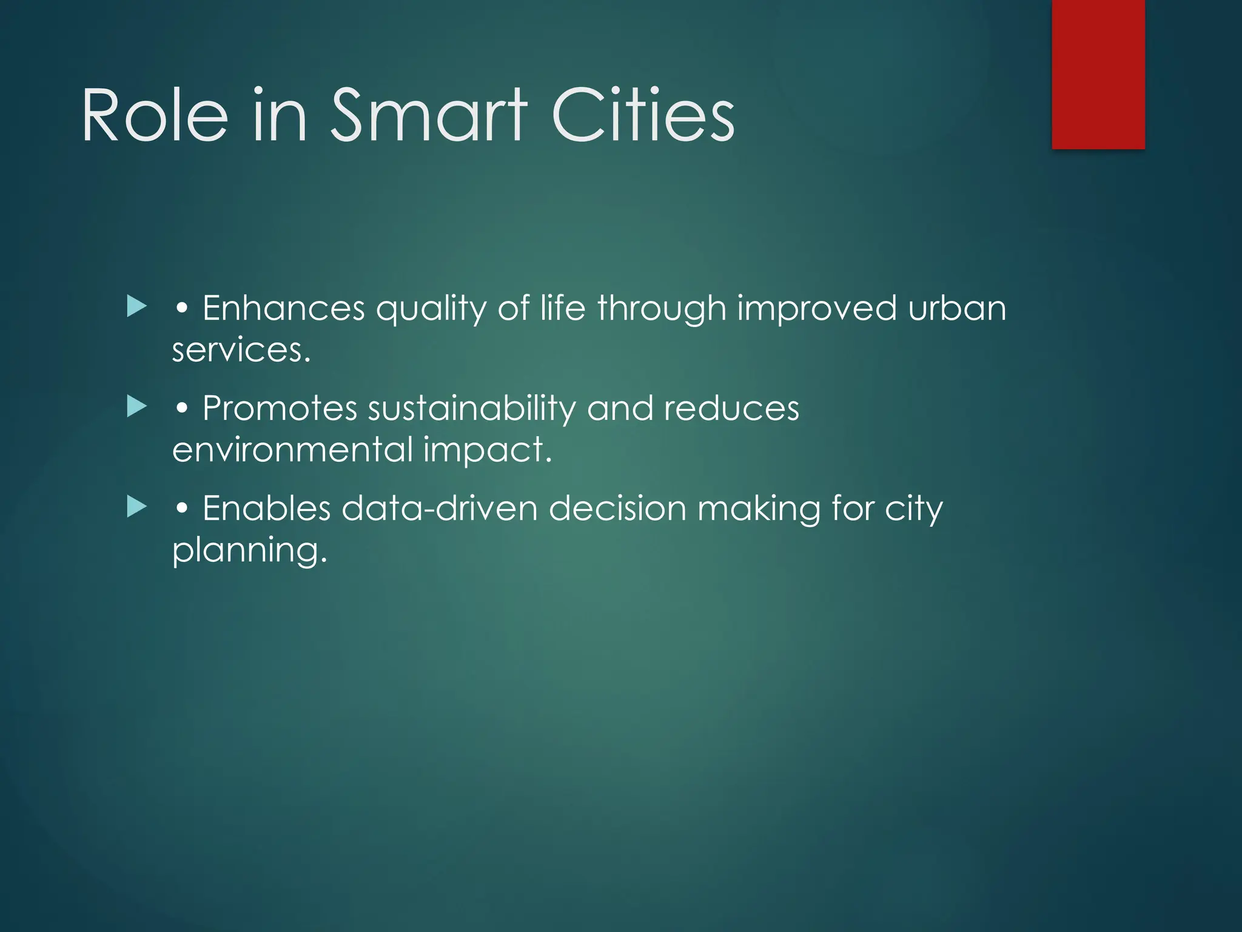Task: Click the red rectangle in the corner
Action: (1098, 74)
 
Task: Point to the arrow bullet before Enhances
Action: (137, 306)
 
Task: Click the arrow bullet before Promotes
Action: (137, 407)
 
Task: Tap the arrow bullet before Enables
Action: (137, 507)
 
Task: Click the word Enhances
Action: (283, 308)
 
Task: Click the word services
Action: (241, 350)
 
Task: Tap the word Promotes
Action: (280, 408)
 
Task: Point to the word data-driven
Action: (440, 508)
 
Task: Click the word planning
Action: (249, 552)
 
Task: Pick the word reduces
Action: (731, 408)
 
